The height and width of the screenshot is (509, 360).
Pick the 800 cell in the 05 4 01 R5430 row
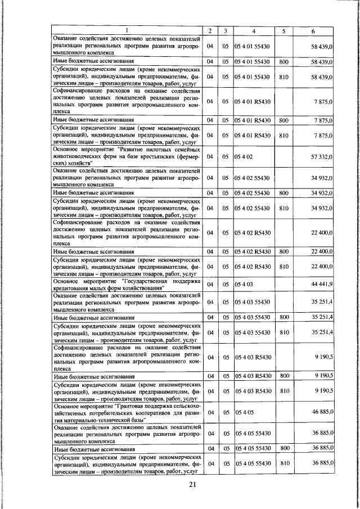pyautogui.click(x=284, y=120)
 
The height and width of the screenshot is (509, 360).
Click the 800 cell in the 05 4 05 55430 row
pyautogui.click(x=284, y=448)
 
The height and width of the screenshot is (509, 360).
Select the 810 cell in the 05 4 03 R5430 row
pyautogui.click(x=284, y=390)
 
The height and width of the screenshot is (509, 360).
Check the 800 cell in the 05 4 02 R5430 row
pyautogui.click(x=284, y=251)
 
